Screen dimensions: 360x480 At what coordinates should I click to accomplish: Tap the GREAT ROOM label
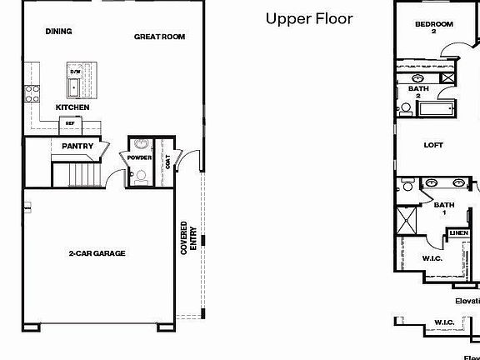[x=159, y=37]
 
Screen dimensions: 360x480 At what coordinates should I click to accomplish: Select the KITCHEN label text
[x=72, y=107]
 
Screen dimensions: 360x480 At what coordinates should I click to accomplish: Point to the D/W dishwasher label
[x=74, y=72]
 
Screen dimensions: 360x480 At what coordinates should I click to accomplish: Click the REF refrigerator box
[x=70, y=123]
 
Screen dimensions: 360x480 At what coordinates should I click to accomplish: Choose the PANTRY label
[x=77, y=147]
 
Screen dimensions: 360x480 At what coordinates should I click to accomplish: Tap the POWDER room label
[x=139, y=157]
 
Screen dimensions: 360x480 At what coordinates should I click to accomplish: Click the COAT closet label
[x=168, y=162]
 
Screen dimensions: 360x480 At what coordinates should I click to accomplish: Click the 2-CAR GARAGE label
[x=97, y=252]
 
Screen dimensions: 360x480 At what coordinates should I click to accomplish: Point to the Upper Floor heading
[x=308, y=17]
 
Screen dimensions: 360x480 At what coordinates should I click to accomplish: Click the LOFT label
[x=433, y=145]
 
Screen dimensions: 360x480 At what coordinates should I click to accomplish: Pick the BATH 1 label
[x=444, y=208]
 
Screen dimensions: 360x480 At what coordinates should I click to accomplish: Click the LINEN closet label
[x=458, y=233]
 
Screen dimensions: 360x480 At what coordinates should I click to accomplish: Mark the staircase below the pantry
[x=76, y=175]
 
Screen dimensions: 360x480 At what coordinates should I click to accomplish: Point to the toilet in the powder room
[x=141, y=176]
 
